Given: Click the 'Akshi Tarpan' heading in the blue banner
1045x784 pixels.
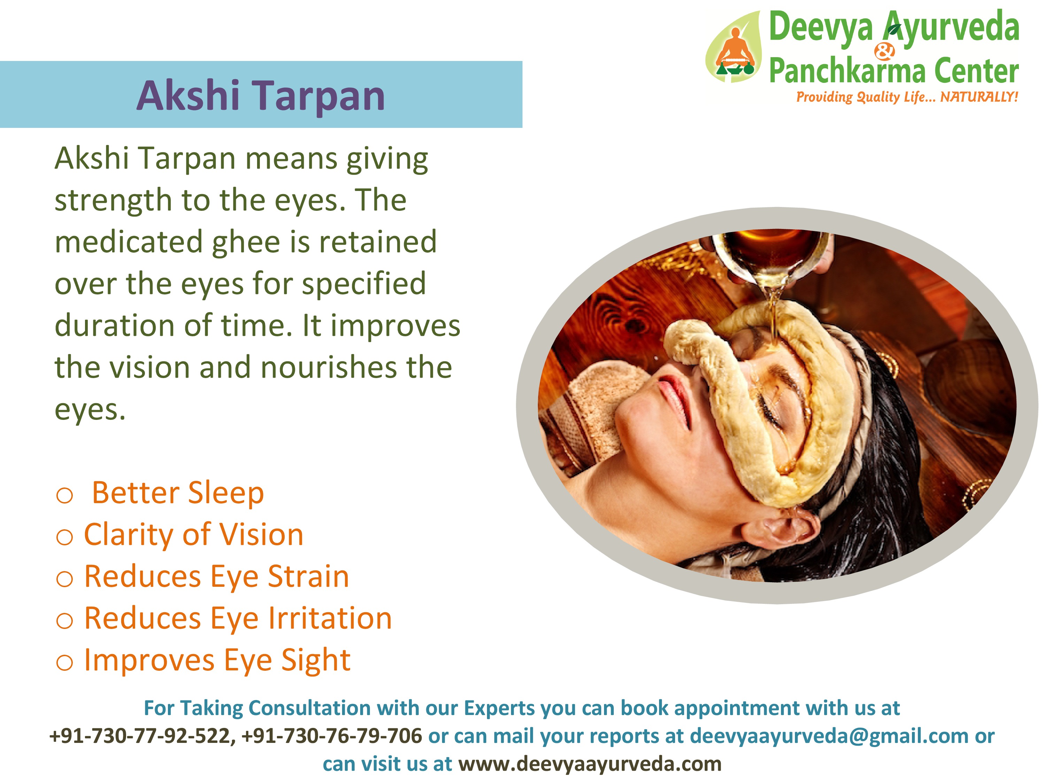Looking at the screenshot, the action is pyautogui.click(x=261, y=96).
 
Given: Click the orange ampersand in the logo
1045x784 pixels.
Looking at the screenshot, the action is pyautogui.click(x=884, y=51).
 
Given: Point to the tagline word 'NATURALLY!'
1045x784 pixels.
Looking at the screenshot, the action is pyautogui.click(x=979, y=97).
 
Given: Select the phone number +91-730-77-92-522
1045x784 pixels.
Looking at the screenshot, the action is pyautogui.click(x=140, y=736).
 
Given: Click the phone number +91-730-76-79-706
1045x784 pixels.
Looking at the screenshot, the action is pyautogui.click(x=332, y=736).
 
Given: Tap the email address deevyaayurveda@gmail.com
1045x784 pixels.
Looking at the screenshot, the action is pyautogui.click(x=829, y=736).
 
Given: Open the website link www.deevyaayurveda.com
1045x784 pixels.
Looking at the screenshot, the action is pyautogui.click(x=590, y=764).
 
